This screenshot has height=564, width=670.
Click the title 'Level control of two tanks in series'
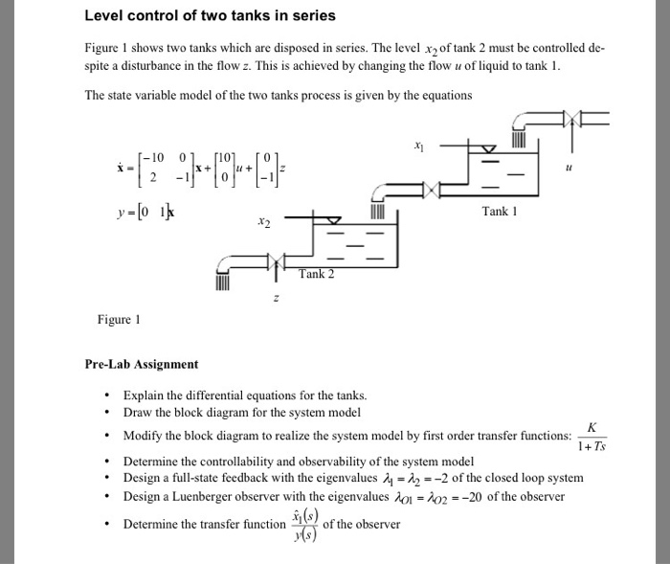click(210, 15)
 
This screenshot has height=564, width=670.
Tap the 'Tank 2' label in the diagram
click(317, 275)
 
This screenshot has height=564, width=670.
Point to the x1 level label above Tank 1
click(417, 148)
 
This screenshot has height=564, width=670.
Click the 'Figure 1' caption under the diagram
click(119, 320)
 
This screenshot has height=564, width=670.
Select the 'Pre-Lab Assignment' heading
click(142, 364)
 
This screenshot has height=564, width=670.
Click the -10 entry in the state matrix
click(153, 156)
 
